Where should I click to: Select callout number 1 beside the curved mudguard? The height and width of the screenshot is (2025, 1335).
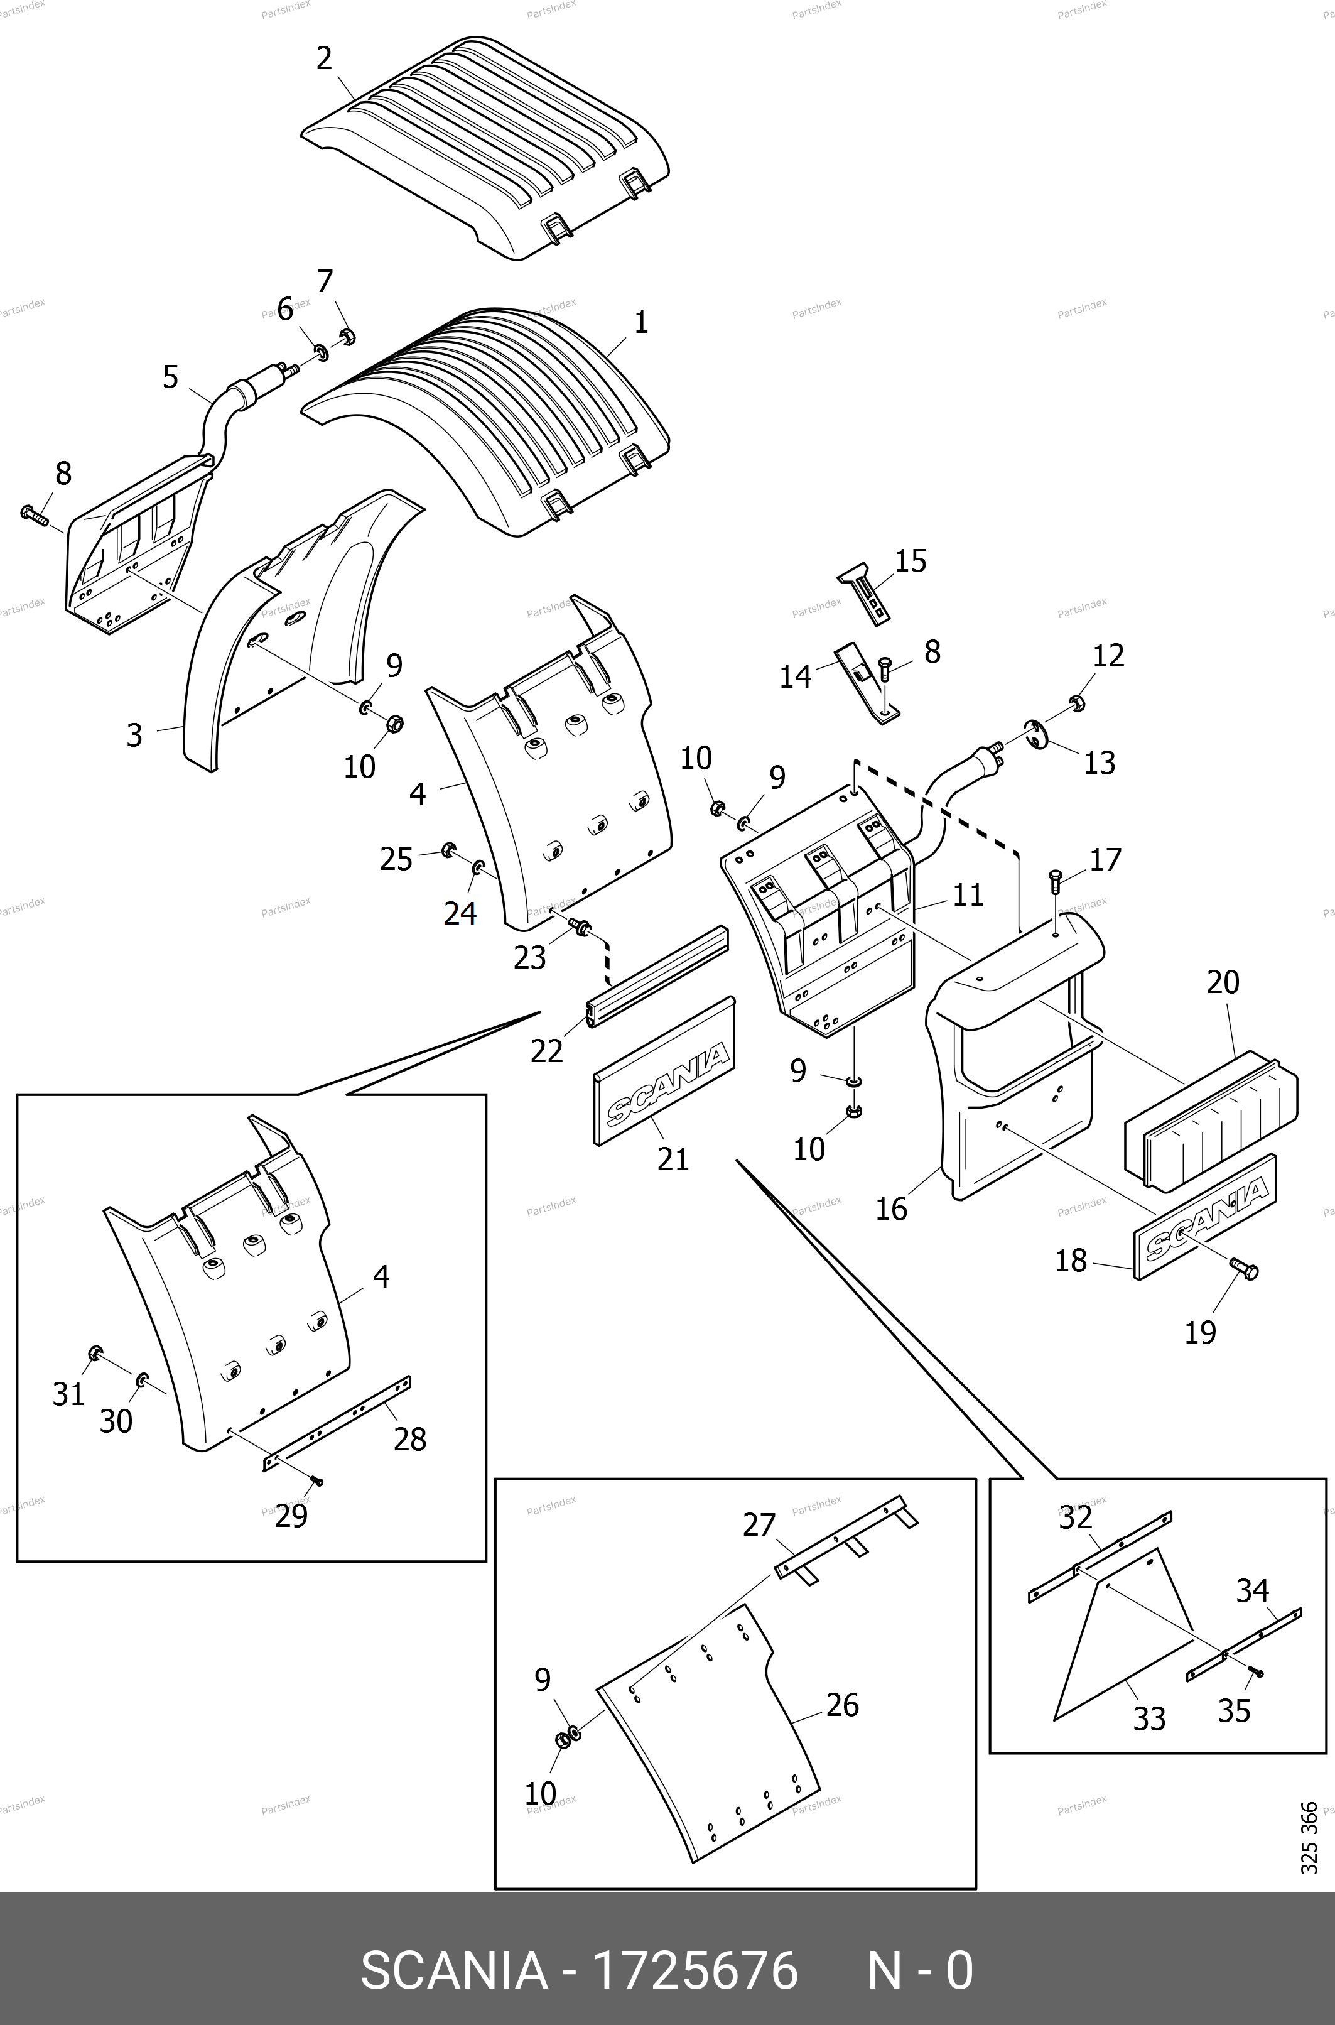(x=641, y=323)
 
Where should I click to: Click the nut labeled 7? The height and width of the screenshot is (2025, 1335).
(x=347, y=337)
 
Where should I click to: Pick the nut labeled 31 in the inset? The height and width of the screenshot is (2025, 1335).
(x=95, y=1352)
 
